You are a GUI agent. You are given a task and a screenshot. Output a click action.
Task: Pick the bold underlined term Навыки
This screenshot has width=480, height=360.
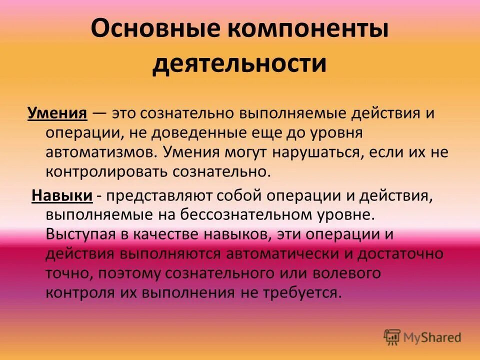62,195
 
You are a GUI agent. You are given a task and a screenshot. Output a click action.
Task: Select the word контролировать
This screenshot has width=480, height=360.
107,171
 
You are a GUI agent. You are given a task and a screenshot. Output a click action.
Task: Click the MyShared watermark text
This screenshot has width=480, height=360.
432,337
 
